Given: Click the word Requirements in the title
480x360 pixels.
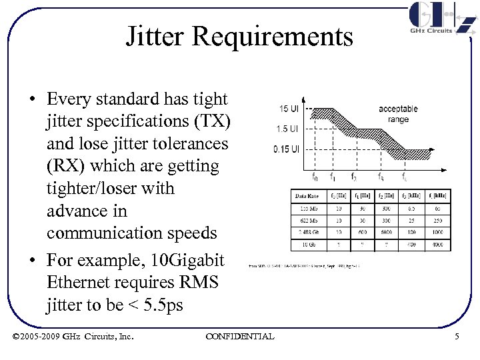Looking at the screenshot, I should pyautogui.click(x=272, y=37).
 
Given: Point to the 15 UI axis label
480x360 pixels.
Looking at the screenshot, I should pyautogui.click(x=289, y=109).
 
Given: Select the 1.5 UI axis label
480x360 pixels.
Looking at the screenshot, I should pyautogui.click(x=288, y=129).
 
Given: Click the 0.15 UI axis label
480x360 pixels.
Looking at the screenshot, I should pyautogui.click(x=286, y=149).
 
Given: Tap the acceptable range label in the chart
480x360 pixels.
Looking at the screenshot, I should pyautogui.click(x=398, y=113).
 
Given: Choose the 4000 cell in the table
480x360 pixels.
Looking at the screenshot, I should pyautogui.click(x=438, y=245).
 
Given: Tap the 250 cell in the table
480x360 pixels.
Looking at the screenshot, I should pyautogui.click(x=438, y=220).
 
